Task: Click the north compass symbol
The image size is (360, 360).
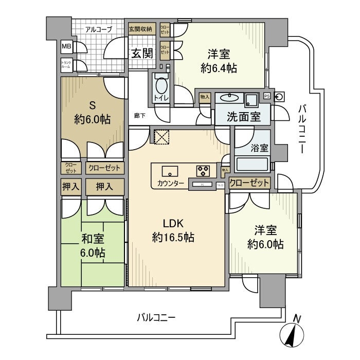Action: tap(292, 334)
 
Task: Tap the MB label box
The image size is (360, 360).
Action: tap(67, 47)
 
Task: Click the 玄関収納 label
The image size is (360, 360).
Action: tap(140, 28)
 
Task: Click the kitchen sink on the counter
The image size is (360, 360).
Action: tap(169, 171)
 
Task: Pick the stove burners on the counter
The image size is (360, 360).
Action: tap(202, 171)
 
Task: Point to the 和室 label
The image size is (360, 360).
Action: tap(93, 239)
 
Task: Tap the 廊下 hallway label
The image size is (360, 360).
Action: tap(139, 116)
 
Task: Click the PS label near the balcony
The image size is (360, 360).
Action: tap(266, 96)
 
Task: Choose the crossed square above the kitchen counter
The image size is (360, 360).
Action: tap(161, 136)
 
